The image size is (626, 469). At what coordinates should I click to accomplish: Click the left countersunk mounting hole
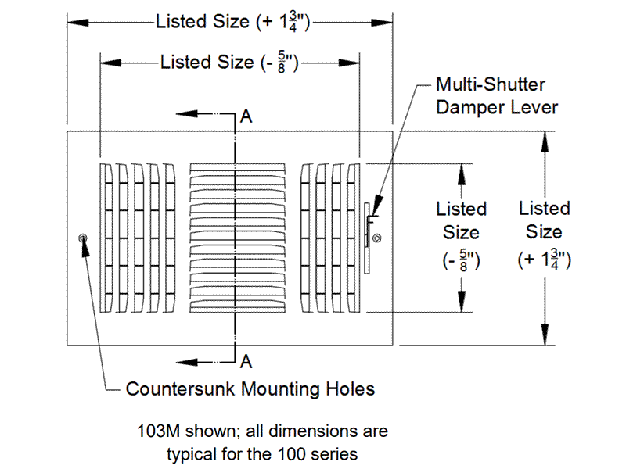84,238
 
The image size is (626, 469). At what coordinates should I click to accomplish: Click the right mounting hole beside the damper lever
377,238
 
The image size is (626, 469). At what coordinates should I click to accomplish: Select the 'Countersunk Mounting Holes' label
250,388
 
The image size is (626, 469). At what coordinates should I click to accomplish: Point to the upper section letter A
246,116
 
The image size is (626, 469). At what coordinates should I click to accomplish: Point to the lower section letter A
246,361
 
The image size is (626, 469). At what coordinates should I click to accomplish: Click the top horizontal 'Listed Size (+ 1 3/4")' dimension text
234,22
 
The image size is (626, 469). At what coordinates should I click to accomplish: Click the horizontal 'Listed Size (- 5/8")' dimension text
230,62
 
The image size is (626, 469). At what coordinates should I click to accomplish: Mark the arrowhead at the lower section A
182,360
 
